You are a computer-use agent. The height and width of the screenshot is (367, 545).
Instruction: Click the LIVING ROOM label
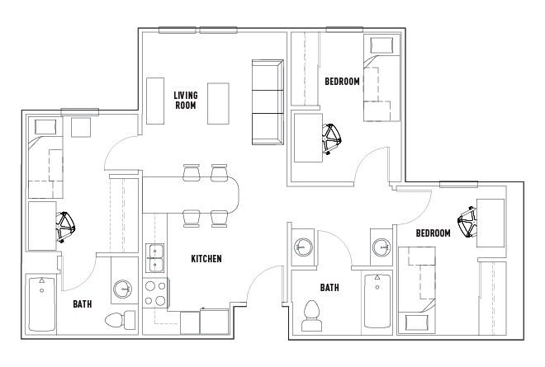(186, 100)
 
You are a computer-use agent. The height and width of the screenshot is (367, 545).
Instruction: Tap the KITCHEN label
(206, 259)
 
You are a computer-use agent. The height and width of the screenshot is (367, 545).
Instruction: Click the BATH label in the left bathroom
(83, 304)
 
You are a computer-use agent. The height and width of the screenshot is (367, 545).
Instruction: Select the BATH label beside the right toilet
(329, 288)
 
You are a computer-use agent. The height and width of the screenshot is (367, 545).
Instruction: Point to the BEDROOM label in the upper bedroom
(342, 82)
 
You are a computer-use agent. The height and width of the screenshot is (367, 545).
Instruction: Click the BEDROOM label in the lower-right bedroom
(433, 233)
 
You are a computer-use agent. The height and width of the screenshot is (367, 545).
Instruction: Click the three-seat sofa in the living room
(268, 102)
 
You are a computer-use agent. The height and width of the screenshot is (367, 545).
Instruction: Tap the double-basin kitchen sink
(154, 258)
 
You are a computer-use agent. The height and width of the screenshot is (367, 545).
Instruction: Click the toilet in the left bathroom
(121, 320)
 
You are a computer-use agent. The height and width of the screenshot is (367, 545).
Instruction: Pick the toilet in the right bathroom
(311, 316)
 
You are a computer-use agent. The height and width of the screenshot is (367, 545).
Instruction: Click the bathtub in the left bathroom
(42, 304)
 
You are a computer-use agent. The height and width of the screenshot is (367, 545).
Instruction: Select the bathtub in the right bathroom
(377, 301)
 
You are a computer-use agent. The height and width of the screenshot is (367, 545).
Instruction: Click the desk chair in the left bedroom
(65, 227)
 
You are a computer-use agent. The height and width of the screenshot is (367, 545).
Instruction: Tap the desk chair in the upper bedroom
(331, 139)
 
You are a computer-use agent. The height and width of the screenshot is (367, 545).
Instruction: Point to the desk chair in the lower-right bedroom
(467, 222)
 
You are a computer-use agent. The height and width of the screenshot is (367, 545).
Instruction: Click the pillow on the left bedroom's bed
(45, 127)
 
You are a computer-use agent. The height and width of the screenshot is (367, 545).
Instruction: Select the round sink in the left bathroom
(123, 288)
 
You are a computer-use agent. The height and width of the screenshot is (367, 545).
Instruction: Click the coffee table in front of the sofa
(218, 103)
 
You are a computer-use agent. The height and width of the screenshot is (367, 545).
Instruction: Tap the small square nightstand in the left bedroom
(81, 128)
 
